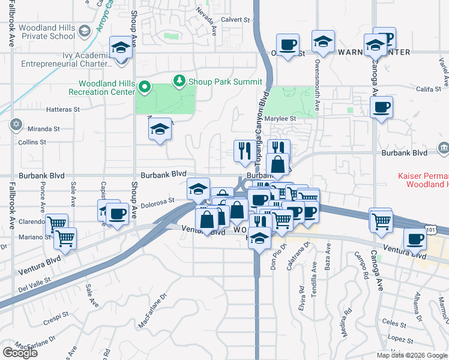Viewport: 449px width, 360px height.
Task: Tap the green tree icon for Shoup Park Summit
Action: point(178,80)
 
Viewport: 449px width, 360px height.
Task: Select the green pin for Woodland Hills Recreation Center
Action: point(144,88)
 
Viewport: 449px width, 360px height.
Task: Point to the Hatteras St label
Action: point(63,110)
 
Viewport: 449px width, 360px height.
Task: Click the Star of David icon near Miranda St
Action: point(15,125)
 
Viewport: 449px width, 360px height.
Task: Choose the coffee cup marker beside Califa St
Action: point(381,108)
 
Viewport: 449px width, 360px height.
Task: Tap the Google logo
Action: point(20,353)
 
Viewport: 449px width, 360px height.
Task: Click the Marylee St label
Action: point(285,119)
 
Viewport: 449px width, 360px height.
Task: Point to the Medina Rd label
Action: point(346,322)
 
